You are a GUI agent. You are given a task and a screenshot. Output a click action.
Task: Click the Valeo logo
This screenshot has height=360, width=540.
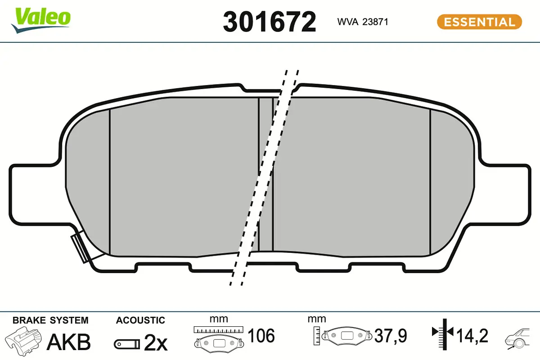point(41,20)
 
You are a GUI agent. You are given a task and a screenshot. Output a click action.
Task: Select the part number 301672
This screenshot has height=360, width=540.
point(269,22)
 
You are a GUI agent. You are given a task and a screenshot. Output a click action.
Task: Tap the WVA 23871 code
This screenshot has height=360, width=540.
point(363,22)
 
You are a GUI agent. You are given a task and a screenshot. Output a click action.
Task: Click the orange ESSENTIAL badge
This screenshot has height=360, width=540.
point(479,22)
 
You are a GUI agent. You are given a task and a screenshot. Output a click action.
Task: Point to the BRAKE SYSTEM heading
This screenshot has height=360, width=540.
point(50,320)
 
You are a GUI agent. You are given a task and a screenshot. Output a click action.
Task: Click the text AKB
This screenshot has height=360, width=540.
point(69,342)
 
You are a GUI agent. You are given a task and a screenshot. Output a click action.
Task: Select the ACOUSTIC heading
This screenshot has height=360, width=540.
point(140,320)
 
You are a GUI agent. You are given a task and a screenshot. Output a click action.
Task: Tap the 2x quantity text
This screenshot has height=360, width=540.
point(156,343)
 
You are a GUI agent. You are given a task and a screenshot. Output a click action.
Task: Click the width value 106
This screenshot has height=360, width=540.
point(261,336)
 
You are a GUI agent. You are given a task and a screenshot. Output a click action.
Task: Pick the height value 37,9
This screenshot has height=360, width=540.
point(391,336)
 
